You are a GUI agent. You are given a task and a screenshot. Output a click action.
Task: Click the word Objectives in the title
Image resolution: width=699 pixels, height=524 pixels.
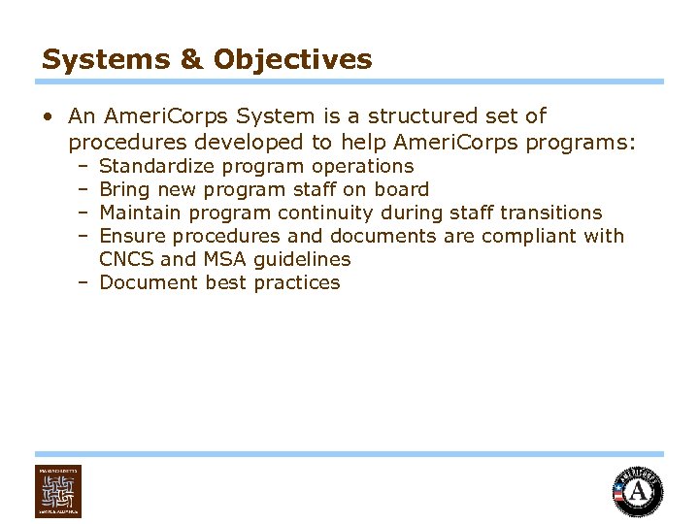pyautogui.click(x=292, y=59)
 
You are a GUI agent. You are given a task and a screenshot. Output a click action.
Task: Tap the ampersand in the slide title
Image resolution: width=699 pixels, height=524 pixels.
pyautogui.click(x=192, y=59)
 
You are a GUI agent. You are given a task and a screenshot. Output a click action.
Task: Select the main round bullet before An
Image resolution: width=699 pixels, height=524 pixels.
pyautogui.click(x=48, y=117)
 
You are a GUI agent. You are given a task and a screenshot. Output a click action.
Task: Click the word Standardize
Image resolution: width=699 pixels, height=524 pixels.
pyautogui.click(x=159, y=166)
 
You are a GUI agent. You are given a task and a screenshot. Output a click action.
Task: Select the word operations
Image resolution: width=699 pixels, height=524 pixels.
pyautogui.click(x=363, y=166)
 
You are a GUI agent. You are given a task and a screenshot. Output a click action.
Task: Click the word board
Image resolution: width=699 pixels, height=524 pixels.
pyautogui.click(x=401, y=189)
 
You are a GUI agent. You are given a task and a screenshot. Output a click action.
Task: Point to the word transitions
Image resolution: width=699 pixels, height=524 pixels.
pyautogui.click(x=550, y=213)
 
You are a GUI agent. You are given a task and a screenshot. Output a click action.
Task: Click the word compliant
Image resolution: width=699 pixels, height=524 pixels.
pyautogui.click(x=529, y=236)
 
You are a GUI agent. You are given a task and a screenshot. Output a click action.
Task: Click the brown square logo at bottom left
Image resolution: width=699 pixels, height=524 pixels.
pyautogui.click(x=58, y=491)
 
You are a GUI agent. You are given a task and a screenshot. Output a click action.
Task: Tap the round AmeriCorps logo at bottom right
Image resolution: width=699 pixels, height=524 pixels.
pyautogui.click(x=638, y=491)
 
